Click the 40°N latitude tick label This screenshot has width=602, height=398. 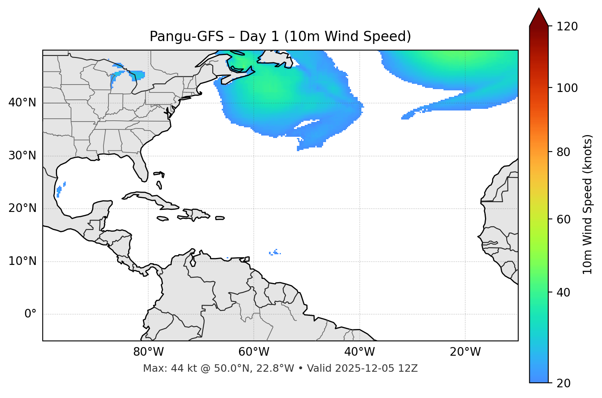click(22, 103)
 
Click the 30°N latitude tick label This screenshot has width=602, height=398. click(22, 156)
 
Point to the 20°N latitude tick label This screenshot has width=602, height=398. click(22, 208)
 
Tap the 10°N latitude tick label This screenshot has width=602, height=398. click(22, 261)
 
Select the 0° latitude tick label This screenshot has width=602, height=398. click(30, 314)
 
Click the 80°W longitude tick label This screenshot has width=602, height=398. click(148, 352)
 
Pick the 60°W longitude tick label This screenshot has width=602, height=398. click(254, 352)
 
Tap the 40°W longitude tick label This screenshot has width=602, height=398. click(360, 352)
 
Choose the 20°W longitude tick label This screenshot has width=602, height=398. click(465, 352)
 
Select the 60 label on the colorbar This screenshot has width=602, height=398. click(563, 219)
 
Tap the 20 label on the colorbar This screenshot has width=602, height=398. click(563, 383)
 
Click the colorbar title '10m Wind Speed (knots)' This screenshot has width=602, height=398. click(588, 204)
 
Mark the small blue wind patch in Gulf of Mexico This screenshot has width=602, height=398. click(60, 190)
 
